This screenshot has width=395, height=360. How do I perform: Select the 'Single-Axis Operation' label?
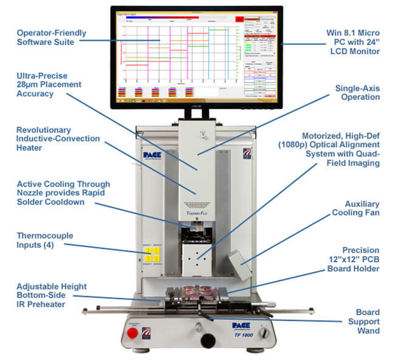tap(357, 92)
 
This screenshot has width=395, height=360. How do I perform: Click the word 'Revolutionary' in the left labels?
tap(44, 130)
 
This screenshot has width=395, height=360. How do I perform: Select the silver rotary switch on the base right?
tap(264, 333)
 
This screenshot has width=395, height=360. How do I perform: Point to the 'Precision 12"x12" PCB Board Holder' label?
tap(355, 260)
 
